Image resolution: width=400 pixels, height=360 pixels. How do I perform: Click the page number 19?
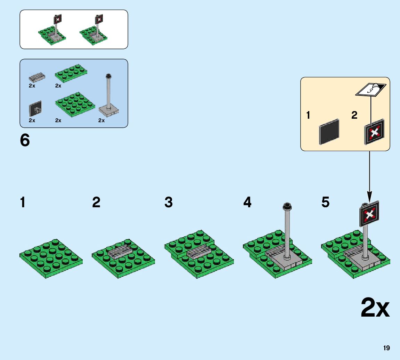386,348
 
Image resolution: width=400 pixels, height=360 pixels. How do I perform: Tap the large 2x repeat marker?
375,308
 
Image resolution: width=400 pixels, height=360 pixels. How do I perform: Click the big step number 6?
25,141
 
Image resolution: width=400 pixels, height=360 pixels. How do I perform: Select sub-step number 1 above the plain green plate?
23,202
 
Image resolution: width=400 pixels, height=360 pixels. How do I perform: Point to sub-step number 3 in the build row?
169,202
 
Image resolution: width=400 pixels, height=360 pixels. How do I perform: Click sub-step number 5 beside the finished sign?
325,202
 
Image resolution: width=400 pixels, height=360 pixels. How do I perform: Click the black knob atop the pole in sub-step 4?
287,206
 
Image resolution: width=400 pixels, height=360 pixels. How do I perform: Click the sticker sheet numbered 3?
370,90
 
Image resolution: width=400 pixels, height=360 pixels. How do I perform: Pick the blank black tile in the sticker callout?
329,132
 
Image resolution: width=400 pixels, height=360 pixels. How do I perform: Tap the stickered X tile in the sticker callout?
374,132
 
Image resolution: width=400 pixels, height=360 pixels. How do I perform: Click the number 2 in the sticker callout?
354,115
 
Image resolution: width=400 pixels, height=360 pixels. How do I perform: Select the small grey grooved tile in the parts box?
36,76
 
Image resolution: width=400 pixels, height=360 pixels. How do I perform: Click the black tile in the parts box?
35,109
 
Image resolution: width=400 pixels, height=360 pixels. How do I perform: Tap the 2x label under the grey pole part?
101,120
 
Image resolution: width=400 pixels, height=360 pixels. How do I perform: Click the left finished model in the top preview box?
52,31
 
